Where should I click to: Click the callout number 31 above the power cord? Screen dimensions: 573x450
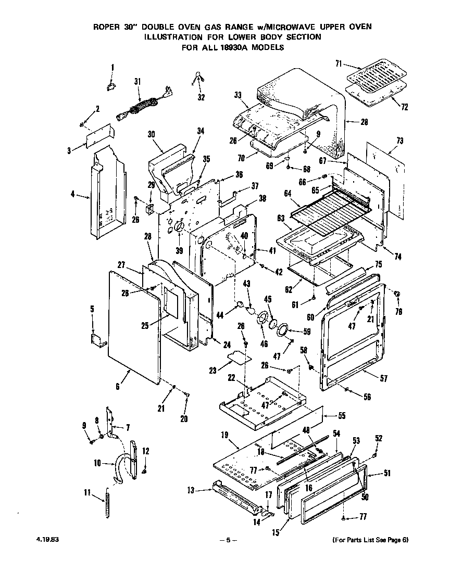click(x=137, y=81)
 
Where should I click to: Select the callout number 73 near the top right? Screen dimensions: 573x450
click(x=399, y=141)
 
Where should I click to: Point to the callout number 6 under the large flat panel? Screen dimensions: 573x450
click(x=118, y=387)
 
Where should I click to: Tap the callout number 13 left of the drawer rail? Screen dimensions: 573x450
click(x=191, y=490)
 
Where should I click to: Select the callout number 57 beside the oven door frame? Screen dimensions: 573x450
click(x=383, y=379)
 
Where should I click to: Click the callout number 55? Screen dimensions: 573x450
click(x=342, y=416)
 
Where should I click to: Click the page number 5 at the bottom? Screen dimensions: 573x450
click(x=228, y=540)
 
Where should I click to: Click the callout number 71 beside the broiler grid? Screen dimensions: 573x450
click(x=338, y=63)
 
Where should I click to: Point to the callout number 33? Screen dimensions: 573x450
click(x=238, y=95)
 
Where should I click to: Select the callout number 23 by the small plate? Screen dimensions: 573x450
click(x=212, y=371)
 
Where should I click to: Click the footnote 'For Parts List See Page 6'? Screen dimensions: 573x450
click(x=370, y=540)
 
